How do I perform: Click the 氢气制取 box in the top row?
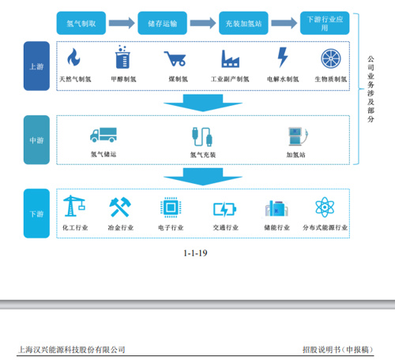81,23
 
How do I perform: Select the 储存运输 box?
162,23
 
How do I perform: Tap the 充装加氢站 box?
243,23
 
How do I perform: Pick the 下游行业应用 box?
325,23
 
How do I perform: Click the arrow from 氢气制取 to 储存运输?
122,23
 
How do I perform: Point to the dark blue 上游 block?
36,66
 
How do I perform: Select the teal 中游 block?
36,140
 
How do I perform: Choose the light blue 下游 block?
36,213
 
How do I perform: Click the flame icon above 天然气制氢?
74,58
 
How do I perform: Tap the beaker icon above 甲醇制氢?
122,57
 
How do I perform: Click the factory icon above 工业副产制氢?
230,58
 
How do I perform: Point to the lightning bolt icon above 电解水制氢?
283,57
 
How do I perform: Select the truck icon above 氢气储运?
103,135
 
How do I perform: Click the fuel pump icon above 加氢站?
298,137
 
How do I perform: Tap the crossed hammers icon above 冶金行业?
120,208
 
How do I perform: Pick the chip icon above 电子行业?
171,208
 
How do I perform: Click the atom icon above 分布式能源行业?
325,207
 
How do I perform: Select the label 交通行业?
226,227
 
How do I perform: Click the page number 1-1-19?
195,253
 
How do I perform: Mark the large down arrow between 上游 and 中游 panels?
203,103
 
